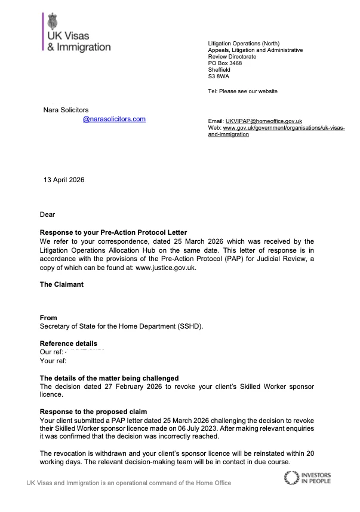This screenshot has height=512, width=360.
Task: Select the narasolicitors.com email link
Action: click(114, 119)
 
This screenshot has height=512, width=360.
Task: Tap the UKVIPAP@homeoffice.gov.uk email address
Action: click(264, 121)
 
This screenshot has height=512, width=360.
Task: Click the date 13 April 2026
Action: click(64, 180)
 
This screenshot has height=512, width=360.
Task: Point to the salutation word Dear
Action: click(48, 214)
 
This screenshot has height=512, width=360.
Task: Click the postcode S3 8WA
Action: click(219, 76)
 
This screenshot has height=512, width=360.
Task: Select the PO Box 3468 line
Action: click(224, 63)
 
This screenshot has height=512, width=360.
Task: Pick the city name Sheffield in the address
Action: click(219, 70)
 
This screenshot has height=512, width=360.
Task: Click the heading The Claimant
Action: click(61, 284)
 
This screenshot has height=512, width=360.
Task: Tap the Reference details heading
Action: click(68, 344)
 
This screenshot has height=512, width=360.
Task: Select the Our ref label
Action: click(51, 352)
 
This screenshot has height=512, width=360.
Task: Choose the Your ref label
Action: click(53, 361)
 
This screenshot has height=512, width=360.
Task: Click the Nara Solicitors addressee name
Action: click(66, 110)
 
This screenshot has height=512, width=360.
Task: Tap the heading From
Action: click(48, 318)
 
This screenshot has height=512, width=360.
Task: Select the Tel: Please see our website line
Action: click(242, 91)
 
